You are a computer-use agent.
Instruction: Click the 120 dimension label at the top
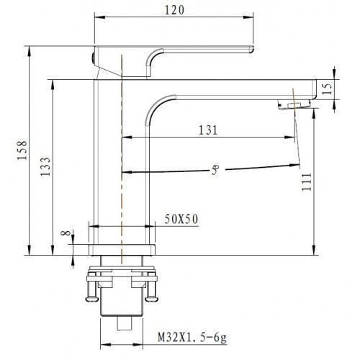(174, 10)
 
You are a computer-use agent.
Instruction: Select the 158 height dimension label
(22, 150)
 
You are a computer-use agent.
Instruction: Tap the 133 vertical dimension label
(45, 166)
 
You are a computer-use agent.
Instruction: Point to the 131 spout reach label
(208, 130)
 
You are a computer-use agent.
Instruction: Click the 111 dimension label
(306, 181)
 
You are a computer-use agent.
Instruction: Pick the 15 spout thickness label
(327, 88)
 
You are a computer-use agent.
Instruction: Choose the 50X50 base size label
(181, 219)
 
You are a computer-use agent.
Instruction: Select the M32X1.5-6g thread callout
(192, 338)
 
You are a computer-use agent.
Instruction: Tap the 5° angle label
(215, 170)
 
